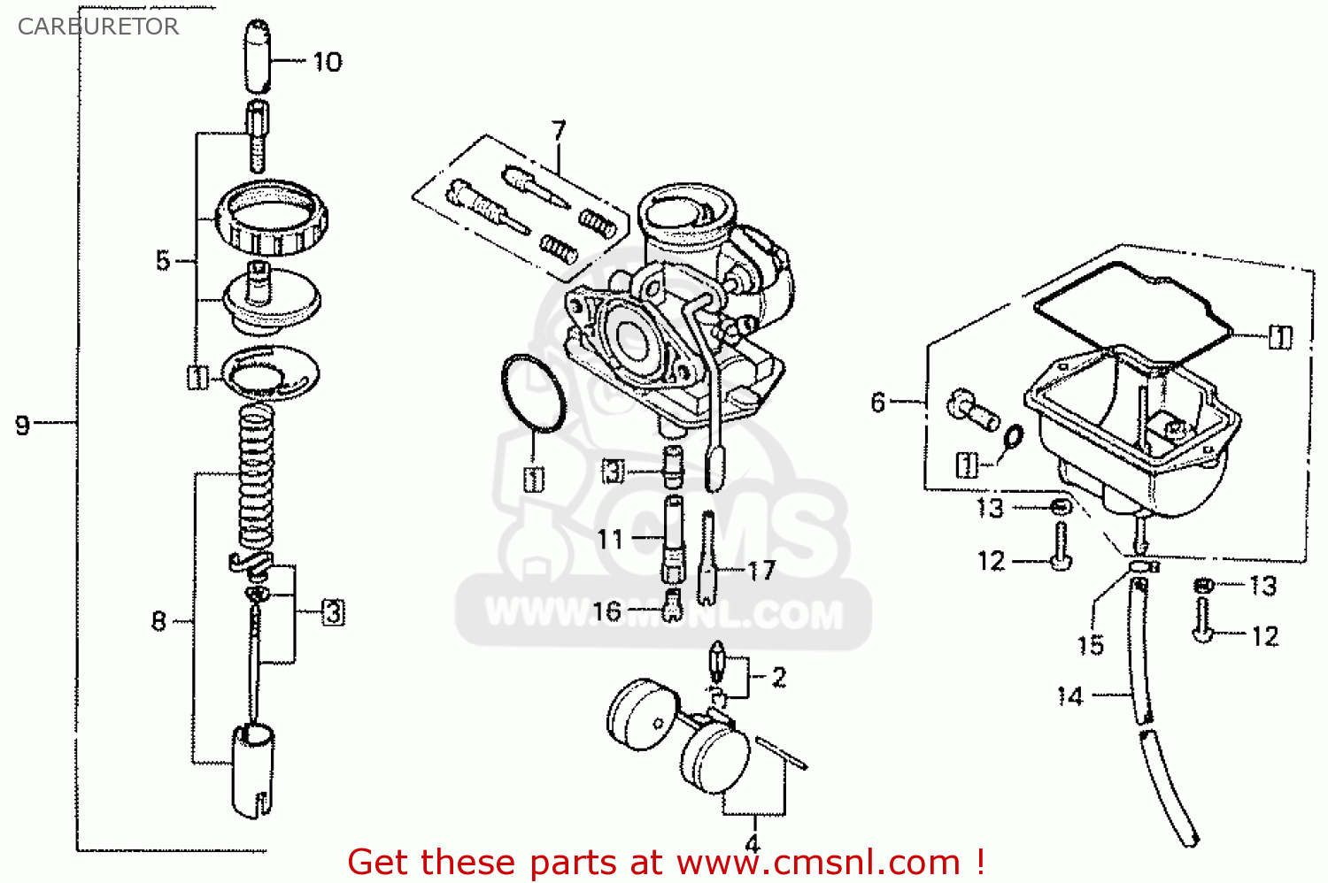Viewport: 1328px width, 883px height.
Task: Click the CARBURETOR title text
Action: tap(98, 27)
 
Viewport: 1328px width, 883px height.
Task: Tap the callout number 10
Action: tap(327, 62)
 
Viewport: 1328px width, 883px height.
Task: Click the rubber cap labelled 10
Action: tap(257, 57)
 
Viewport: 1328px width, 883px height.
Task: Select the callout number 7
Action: tap(558, 131)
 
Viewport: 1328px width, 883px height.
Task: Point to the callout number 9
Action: tap(23, 426)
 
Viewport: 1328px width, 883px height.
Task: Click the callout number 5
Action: tap(163, 261)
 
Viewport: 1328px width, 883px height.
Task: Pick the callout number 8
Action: tap(158, 621)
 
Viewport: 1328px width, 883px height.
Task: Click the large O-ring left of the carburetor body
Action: tap(533, 394)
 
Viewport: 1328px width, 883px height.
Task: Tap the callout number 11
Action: tap(610, 539)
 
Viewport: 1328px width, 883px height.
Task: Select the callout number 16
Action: tap(606, 611)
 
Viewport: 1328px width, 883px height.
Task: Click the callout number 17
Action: tap(761, 571)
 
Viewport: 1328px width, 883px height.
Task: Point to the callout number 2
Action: tap(779, 678)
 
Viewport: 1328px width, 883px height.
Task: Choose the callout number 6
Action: tap(877, 403)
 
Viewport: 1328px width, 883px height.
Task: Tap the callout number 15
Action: tap(1091, 645)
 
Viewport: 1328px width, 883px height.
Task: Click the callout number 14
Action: tap(1070, 697)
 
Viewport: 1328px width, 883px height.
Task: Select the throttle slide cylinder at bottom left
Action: tap(252, 770)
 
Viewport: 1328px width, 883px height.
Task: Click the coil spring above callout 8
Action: tap(257, 478)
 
